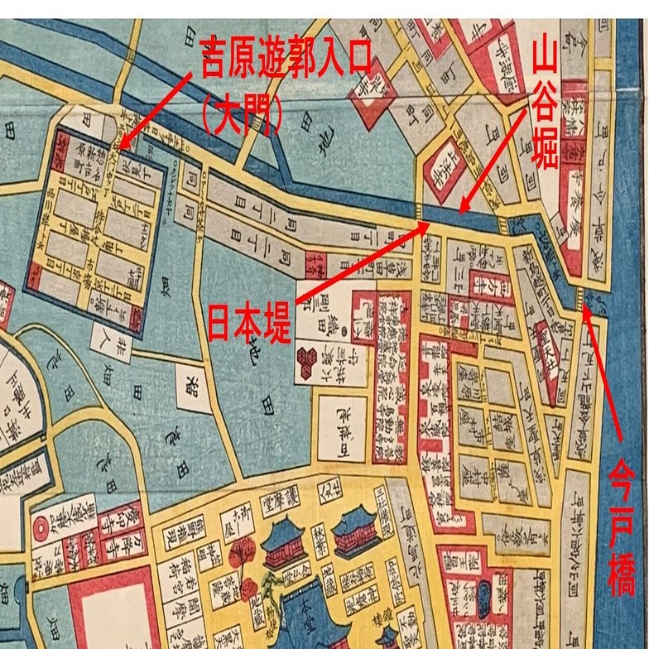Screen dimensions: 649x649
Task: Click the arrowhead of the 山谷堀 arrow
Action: point(462,212)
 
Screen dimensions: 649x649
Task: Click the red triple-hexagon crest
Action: point(310,357)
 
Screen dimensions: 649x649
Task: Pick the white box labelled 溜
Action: point(189,382)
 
